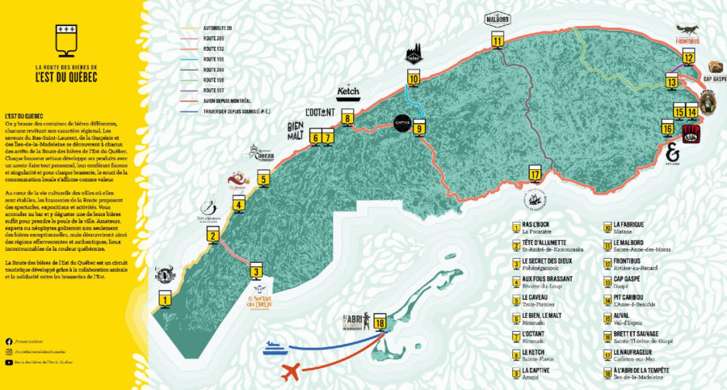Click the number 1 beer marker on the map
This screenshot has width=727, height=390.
165,299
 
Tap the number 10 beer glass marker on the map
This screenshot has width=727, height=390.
413,78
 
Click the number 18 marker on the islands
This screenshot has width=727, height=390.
380,324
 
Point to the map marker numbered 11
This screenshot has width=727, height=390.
498,40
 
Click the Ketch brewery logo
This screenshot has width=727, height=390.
347,92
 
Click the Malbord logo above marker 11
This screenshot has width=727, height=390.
498,18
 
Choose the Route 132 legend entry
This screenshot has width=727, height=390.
213,49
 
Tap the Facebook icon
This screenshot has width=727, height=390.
8,341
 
